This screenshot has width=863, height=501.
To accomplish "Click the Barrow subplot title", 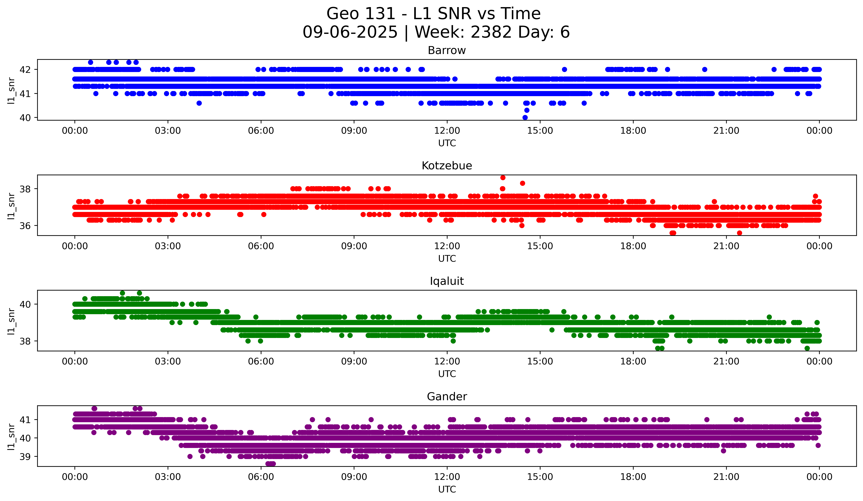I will (447, 50).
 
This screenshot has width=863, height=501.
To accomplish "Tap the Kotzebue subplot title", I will (447, 166).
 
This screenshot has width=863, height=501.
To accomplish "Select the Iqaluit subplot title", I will (447, 281).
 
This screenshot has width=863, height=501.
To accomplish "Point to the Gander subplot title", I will (447, 397).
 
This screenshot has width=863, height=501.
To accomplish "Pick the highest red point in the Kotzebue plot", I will (503, 177).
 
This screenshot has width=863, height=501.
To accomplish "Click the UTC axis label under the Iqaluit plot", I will (447, 374).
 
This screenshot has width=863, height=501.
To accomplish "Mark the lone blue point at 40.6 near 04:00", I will (199, 103).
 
